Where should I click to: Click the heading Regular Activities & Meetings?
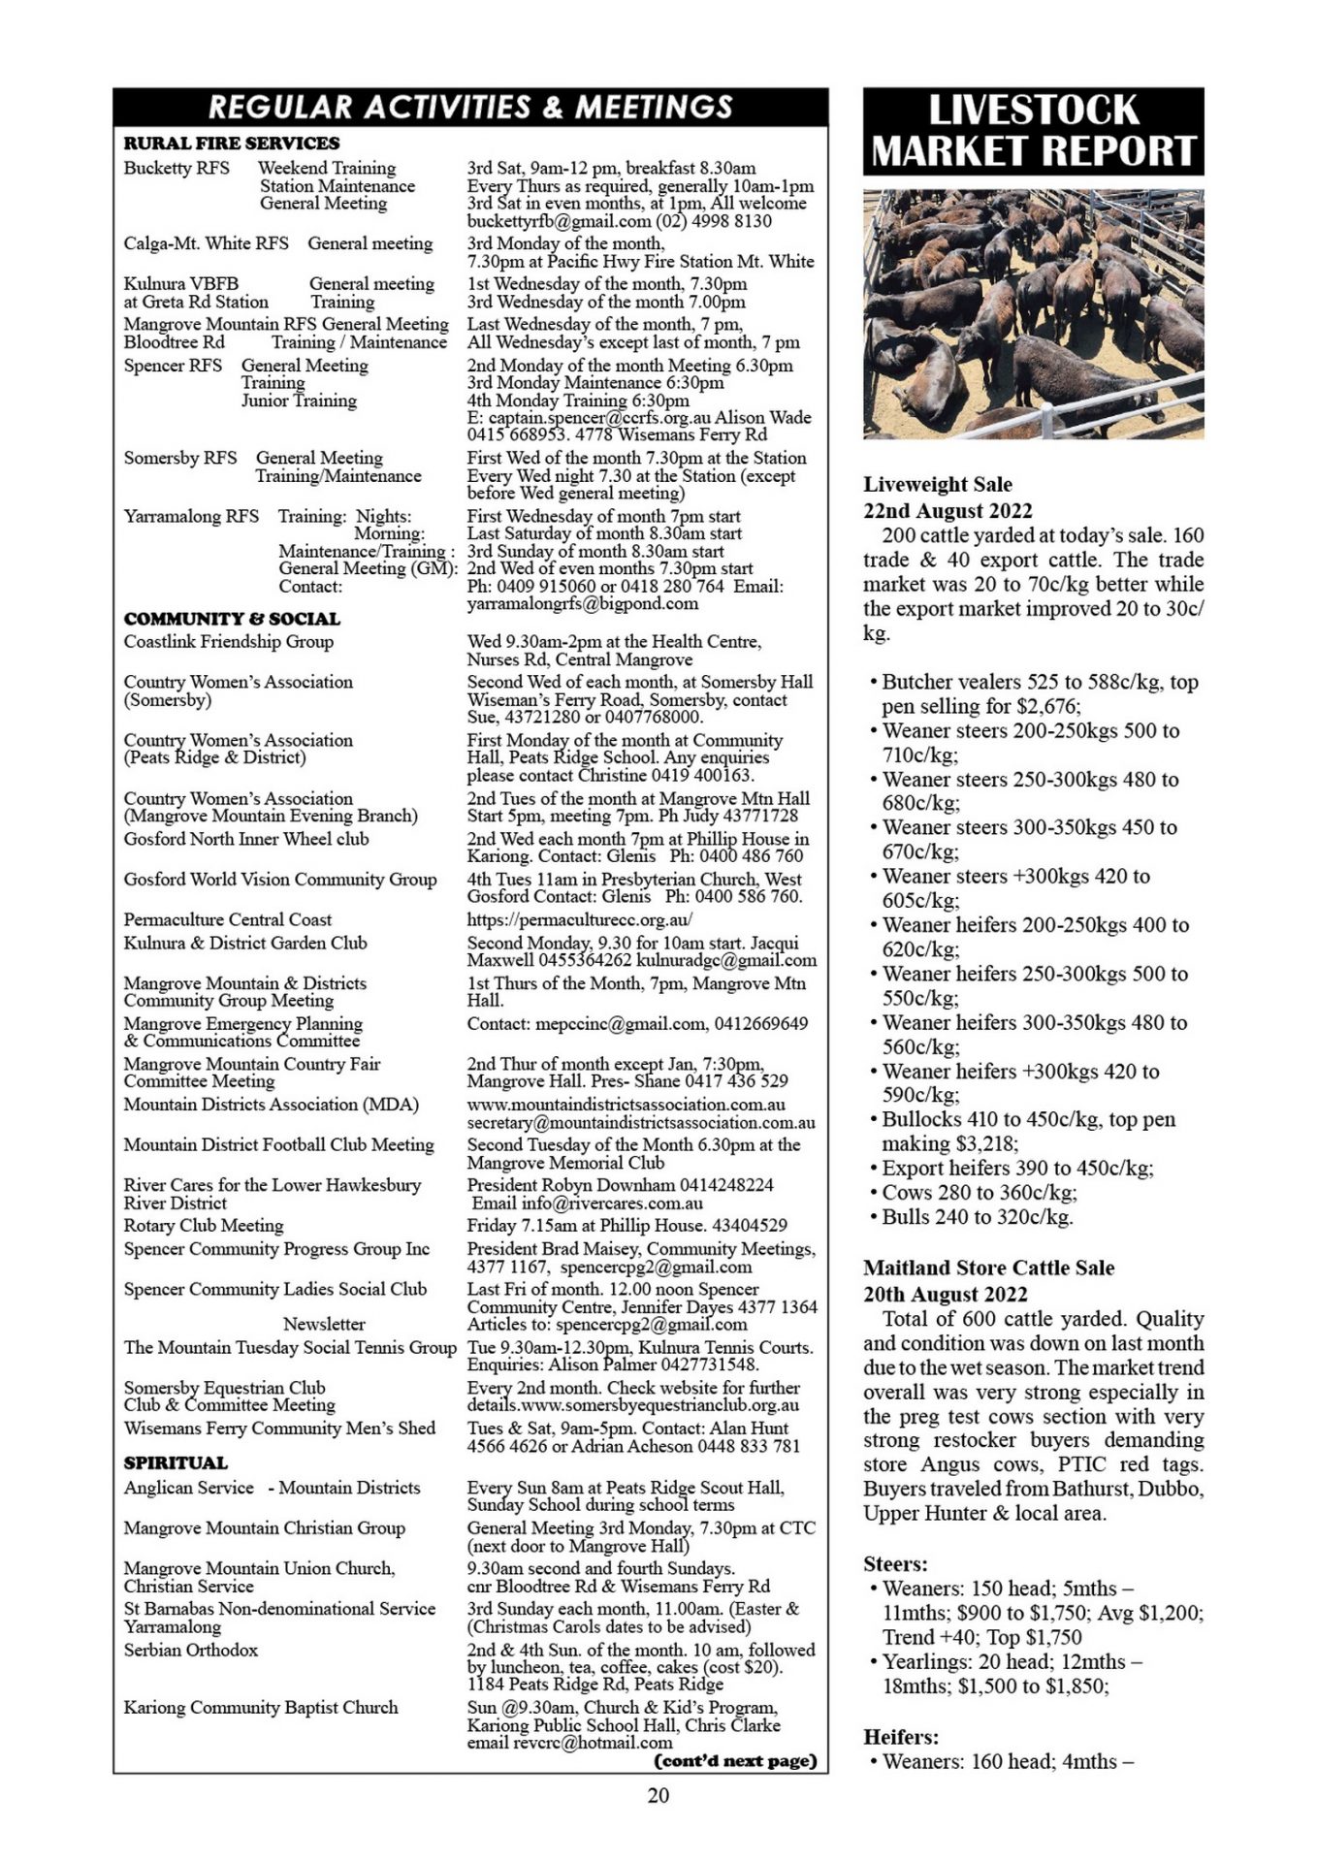(470, 107)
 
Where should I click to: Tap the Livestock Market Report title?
(1033, 131)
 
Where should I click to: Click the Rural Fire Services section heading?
(232, 144)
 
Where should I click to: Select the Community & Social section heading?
(232, 619)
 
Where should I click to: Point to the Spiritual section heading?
(176, 1462)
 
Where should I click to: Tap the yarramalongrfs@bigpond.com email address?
(582, 603)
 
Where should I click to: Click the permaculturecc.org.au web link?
(580, 919)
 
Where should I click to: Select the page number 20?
(658, 1795)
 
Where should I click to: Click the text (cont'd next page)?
(736, 1760)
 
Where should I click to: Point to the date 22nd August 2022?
(948, 510)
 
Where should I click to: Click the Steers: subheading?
(895, 1563)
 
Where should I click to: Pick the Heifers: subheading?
(901, 1736)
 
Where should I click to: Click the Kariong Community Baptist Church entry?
(261, 1707)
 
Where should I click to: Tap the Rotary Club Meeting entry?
(204, 1225)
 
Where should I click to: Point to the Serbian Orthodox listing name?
(191, 1650)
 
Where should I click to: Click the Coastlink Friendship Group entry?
(229, 641)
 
